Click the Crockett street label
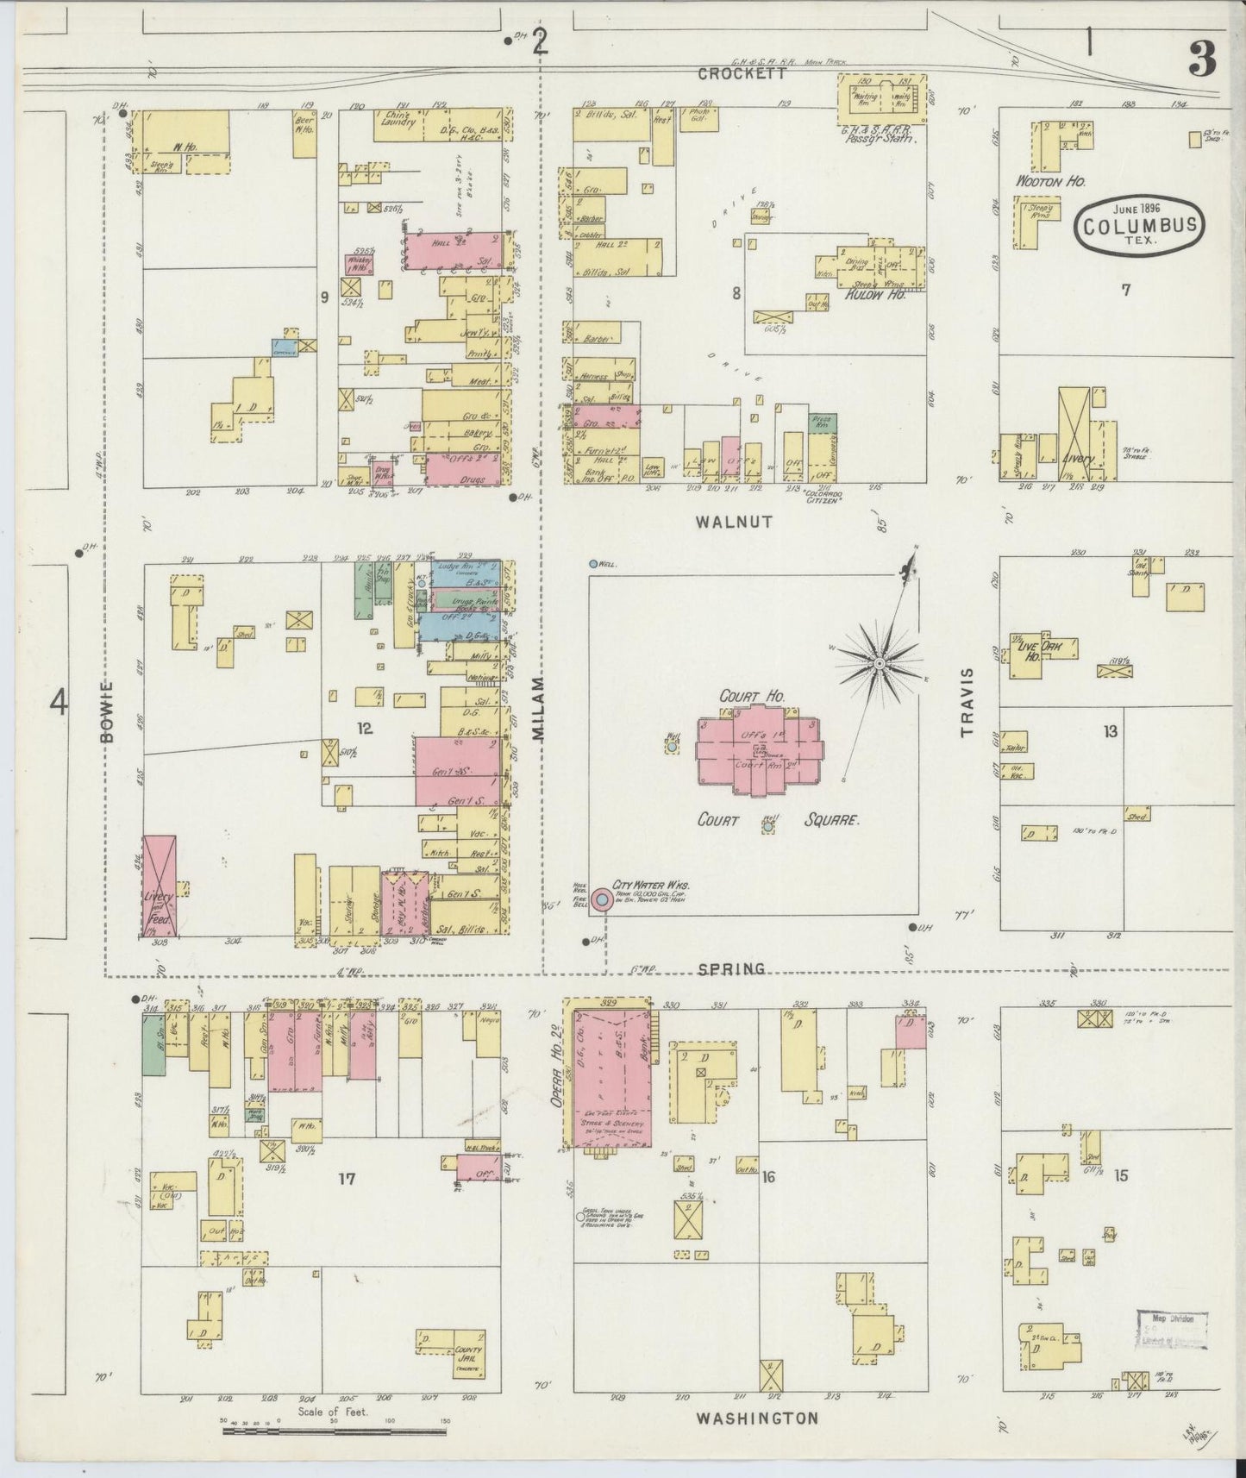pos(742,74)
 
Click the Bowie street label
pos(109,711)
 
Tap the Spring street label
pos(731,968)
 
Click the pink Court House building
pos(757,748)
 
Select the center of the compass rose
pos(879,663)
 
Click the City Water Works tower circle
pos(601,900)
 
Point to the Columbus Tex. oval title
pos(1138,225)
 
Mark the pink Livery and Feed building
pos(160,886)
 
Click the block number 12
pos(364,729)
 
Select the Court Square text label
pos(778,820)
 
